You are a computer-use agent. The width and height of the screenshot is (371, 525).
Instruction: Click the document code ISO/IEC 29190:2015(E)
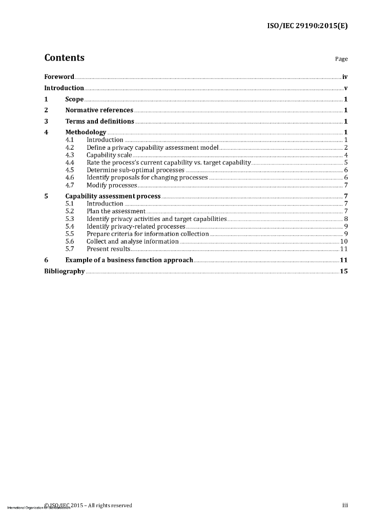307,25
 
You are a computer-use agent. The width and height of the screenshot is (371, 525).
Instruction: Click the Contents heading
64,58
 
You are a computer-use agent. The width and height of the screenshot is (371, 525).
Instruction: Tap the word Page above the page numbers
341,59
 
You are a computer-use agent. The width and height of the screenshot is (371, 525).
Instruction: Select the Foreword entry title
59,77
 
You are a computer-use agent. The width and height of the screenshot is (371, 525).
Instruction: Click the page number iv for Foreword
345,77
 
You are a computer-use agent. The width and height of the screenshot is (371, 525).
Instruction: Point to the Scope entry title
74,99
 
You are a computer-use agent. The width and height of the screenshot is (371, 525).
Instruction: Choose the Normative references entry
99,110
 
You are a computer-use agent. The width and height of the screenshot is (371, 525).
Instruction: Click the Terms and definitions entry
99,122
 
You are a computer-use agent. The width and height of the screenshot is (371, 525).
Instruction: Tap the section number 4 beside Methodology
46,133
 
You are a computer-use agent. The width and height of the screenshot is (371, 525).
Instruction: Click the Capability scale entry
109,155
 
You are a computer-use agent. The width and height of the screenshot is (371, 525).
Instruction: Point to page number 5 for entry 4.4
346,163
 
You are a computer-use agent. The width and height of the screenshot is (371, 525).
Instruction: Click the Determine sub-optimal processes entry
135,170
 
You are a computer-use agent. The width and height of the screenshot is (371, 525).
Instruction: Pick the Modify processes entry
112,185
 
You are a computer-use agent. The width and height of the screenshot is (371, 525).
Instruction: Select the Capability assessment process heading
113,196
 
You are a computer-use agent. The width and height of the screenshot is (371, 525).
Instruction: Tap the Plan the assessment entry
116,211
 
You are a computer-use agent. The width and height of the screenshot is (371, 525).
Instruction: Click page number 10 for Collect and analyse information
344,241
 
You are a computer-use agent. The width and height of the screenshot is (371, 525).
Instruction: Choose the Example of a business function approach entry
129,260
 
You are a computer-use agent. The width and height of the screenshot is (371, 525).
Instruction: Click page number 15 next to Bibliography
344,271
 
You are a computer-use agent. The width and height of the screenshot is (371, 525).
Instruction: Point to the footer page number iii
345,506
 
